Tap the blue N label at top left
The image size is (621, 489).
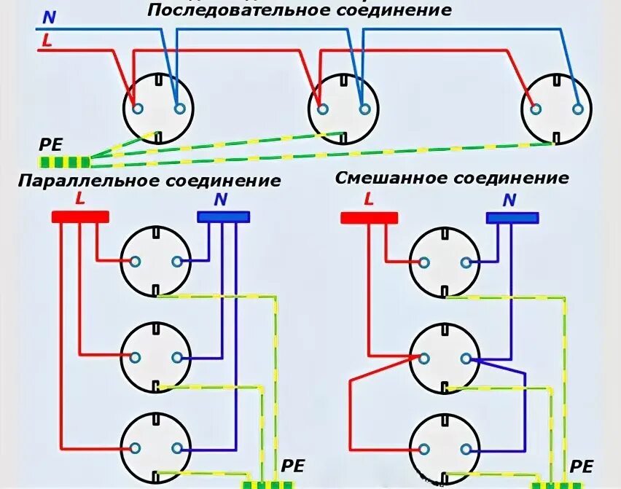coord(48,17)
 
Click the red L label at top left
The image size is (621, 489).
coord(47,42)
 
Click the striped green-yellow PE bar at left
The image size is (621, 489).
coord(65,162)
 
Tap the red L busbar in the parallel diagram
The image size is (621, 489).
coord(80,216)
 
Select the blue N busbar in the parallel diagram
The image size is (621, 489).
coord(224,216)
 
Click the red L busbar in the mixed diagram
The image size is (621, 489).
coord(370,217)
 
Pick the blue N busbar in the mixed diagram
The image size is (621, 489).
coord(512,217)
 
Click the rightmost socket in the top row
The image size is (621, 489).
coord(557,109)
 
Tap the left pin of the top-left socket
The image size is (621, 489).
coord(138,109)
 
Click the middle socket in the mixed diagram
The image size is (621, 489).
coord(445,358)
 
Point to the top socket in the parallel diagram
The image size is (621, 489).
coord(156,261)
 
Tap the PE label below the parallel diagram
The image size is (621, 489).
coord(293,466)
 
